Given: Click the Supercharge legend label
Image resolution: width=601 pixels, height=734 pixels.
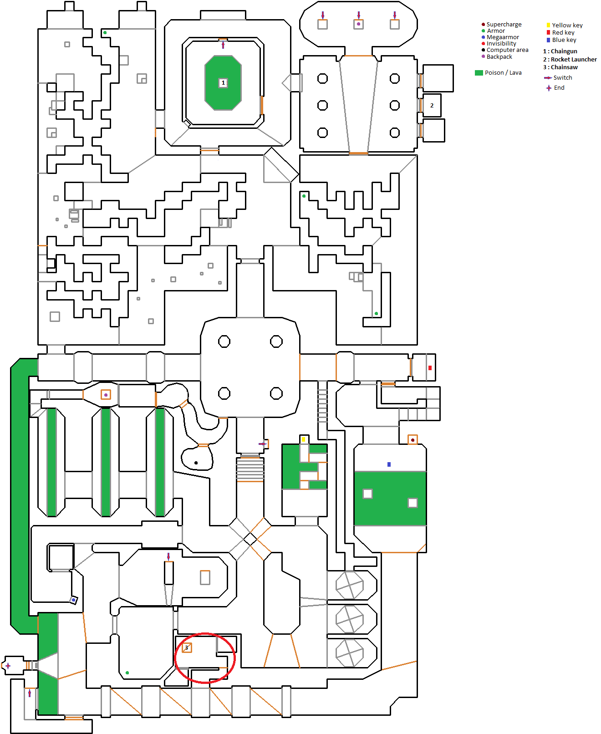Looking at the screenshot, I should [504, 25].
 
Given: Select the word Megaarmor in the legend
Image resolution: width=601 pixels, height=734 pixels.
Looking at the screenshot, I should [503, 37].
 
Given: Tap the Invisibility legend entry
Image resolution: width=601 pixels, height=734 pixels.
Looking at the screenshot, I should [501, 44].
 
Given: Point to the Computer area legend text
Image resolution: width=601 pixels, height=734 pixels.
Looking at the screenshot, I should [507, 50].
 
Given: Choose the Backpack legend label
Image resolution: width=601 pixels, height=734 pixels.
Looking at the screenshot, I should [499, 57].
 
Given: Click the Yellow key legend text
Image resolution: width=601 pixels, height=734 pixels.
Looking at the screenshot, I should [567, 25].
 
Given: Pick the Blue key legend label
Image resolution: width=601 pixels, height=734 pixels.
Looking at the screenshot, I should [564, 40].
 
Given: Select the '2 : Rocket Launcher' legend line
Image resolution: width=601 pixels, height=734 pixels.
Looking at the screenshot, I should [570, 60].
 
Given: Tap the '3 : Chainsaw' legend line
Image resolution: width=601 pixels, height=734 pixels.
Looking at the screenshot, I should [560, 67].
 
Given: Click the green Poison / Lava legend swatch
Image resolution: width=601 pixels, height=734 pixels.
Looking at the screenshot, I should [479, 73].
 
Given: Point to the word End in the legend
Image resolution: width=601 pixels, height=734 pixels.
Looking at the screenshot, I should [559, 88].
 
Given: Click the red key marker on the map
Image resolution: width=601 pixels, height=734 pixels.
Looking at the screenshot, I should [430, 368].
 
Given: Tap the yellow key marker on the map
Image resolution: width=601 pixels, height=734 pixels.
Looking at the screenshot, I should [303, 439].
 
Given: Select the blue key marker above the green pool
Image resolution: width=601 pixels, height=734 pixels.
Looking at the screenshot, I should [389, 464].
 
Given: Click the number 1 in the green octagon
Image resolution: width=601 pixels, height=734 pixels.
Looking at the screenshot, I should [223, 83].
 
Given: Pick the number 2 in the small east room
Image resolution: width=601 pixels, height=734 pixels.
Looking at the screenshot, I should [432, 106].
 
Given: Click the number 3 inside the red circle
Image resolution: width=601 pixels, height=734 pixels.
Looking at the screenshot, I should [186, 647].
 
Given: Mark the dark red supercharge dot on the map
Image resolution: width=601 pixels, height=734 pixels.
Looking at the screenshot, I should [413, 440].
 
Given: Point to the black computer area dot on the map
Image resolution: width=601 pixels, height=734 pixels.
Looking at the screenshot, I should [196, 463].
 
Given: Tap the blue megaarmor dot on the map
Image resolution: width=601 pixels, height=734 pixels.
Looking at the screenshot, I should [73, 600].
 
